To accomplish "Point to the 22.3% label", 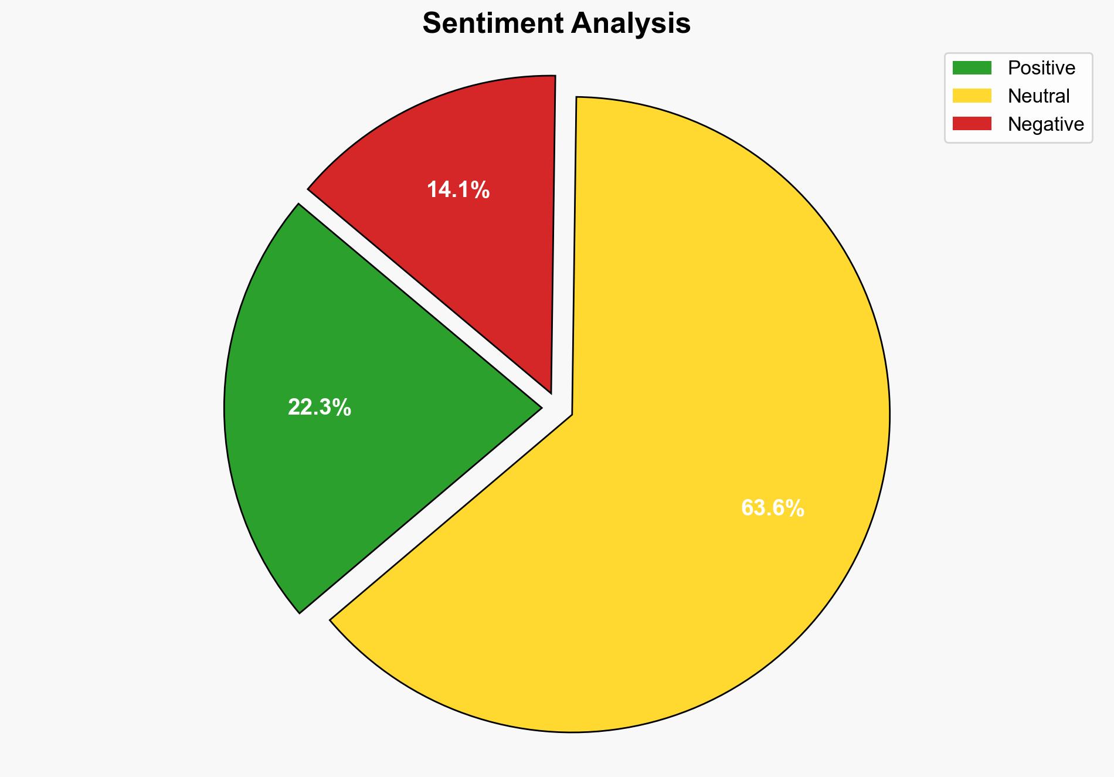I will point(319,407).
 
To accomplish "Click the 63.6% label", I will point(772,508).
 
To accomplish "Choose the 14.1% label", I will point(458,190).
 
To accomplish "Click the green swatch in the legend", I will point(972,68).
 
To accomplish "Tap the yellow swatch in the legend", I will point(972,96).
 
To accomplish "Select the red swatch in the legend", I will point(972,124).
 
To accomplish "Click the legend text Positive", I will point(1041,68).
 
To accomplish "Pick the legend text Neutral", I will point(1038,96).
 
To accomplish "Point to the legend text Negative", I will point(1045,124).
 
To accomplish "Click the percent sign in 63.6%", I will point(794,508).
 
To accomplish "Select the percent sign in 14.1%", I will point(480,190).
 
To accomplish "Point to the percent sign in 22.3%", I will point(341,407).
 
